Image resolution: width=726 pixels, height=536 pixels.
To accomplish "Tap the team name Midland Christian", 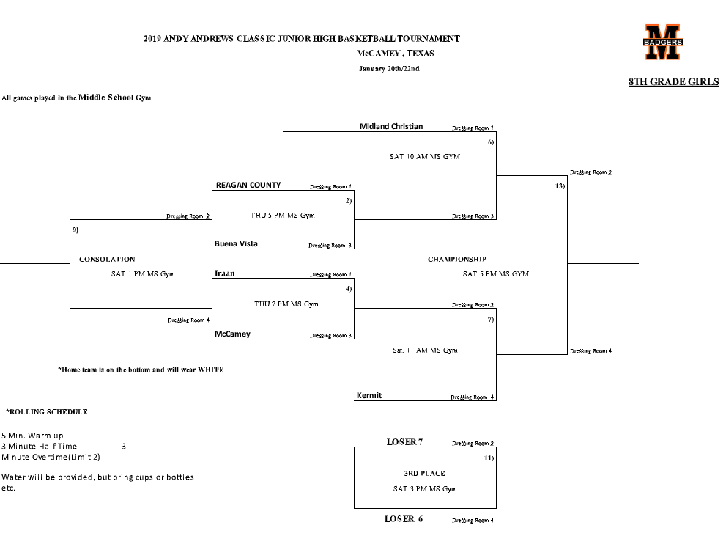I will pyautogui.click(x=390, y=126).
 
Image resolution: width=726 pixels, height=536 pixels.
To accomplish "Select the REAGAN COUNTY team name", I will pyautogui.click(x=248, y=186).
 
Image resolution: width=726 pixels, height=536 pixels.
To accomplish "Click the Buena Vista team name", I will pyautogui.click(x=237, y=243).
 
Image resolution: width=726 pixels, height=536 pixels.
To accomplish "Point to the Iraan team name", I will pyautogui.click(x=224, y=273).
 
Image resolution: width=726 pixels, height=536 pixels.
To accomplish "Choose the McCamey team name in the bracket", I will pyautogui.click(x=232, y=334).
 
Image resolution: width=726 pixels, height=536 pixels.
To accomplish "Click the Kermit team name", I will pyautogui.click(x=368, y=396).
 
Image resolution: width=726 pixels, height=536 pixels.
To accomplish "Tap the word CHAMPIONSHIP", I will pyautogui.click(x=456, y=260).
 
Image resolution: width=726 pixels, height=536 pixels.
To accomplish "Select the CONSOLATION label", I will pyautogui.click(x=107, y=260).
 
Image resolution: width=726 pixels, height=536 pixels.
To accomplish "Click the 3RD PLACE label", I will pyautogui.click(x=424, y=474).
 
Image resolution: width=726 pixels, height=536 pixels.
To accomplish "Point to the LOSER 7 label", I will pyautogui.click(x=404, y=442).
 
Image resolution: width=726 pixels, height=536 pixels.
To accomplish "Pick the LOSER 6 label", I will pyautogui.click(x=404, y=519).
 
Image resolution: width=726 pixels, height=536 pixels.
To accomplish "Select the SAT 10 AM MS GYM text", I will pyautogui.click(x=424, y=157).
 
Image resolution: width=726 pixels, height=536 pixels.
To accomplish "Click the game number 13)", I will pyautogui.click(x=560, y=186).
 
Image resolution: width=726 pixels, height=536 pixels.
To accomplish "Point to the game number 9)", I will pyautogui.click(x=75, y=230).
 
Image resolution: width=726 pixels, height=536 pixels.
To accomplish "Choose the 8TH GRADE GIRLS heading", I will pyautogui.click(x=673, y=82).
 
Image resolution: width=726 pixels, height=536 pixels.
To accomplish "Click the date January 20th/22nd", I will pyautogui.click(x=388, y=69).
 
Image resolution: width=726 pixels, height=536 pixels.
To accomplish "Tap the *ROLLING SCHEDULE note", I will pyautogui.click(x=47, y=412).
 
